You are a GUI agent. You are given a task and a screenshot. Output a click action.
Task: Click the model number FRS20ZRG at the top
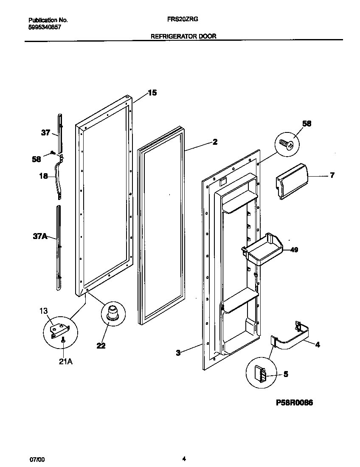pyautogui.click(x=183, y=20)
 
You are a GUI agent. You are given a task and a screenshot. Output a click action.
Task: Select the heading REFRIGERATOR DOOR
pyautogui.click(x=183, y=37)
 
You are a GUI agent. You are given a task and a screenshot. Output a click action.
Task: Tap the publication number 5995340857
pyautogui.click(x=45, y=26)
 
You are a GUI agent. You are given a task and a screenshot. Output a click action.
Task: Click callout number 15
pyautogui.click(x=152, y=93)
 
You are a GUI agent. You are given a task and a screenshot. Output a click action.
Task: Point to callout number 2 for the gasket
pyautogui.click(x=215, y=142)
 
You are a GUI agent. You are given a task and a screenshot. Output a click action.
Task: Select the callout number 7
pyautogui.click(x=332, y=175)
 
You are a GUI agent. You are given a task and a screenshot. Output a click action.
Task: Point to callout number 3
pyautogui.click(x=178, y=352)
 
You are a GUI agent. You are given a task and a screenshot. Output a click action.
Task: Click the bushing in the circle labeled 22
pyautogui.click(x=112, y=313)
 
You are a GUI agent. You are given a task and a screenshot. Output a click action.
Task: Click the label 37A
pyautogui.click(x=40, y=236)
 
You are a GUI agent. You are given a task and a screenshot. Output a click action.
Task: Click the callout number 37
pyautogui.click(x=45, y=133)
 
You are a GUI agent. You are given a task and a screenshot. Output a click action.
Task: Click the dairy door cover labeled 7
pyautogui.click(x=291, y=180)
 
